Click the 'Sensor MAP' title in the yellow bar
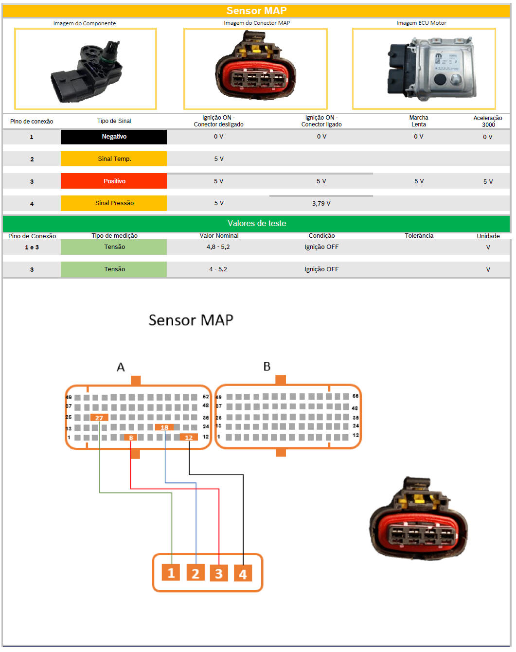pyautogui.click(x=256, y=11)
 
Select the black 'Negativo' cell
pyautogui.click(x=114, y=137)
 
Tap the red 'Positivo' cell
pyautogui.click(x=114, y=181)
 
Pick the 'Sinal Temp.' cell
pyautogui.click(x=114, y=159)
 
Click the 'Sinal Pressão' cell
pyautogui.click(x=114, y=203)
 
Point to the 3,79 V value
pyautogui.click(x=321, y=204)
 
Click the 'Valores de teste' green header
pyautogui.click(x=256, y=223)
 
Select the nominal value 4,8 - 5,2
pyautogui.click(x=218, y=247)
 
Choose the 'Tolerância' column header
pyautogui.click(x=419, y=236)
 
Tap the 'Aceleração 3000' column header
pyautogui.click(x=488, y=121)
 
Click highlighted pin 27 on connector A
pyautogui.click(x=99, y=418)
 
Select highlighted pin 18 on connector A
pyautogui.click(x=164, y=427)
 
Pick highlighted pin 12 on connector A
pyautogui.click(x=189, y=437)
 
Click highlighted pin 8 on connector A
pyautogui.click(x=131, y=438)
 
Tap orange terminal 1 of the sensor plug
pyautogui.click(x=171, y=573)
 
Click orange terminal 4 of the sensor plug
pyautogui.click(x=243, y=573)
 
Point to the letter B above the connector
pyautogui.click(x=267, y=367)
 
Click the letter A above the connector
pyautogui.click(x=121, y=367)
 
